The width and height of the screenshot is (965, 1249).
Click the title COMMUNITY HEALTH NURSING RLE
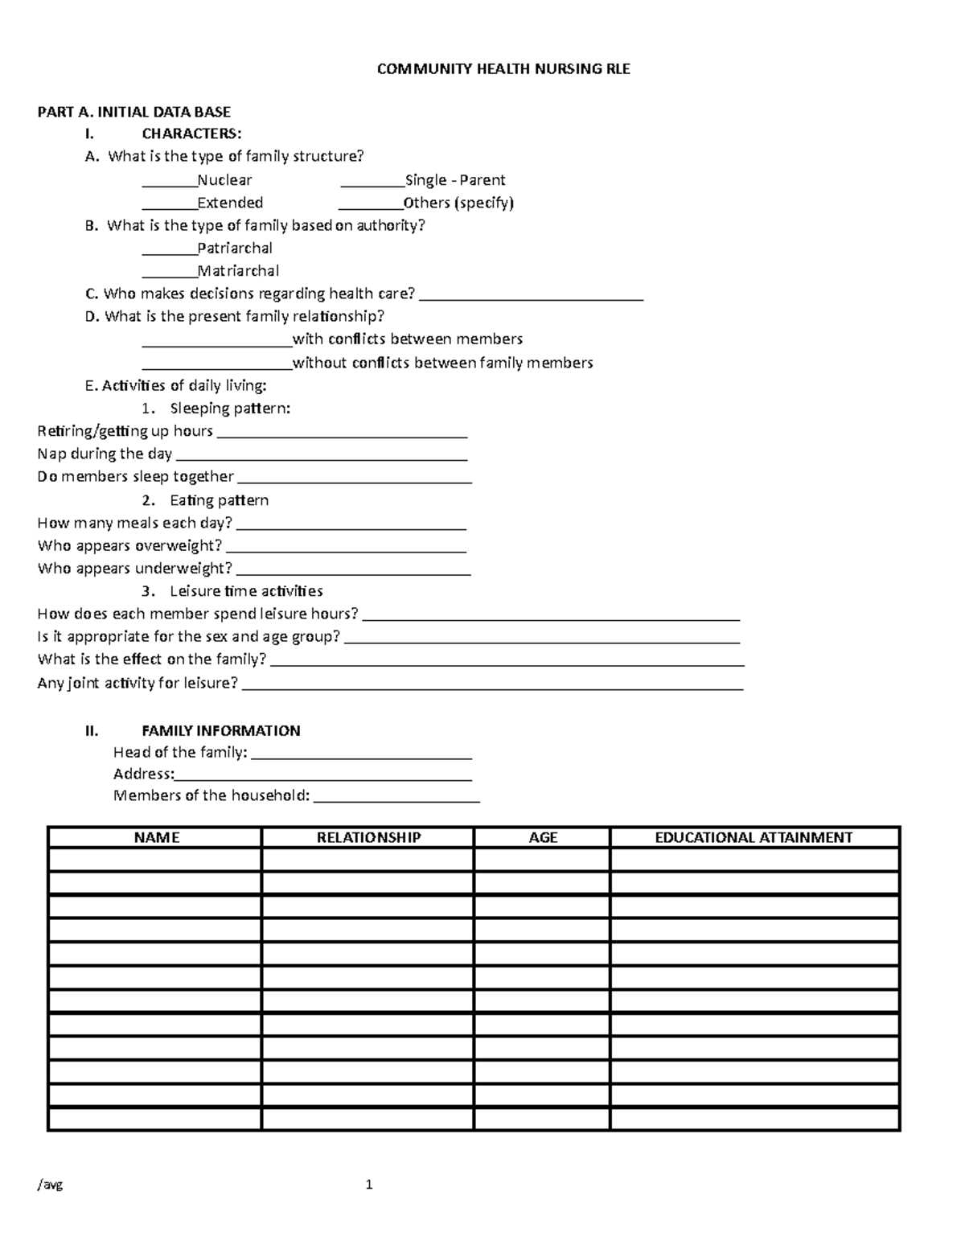[x=503, y=69]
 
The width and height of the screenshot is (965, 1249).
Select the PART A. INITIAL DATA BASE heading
[x=134, y=112]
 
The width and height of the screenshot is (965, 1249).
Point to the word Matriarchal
[x=238, y=271]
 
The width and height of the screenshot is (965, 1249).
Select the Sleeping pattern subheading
[x=229, y=409]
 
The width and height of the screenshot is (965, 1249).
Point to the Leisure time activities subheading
[x=246, y=591]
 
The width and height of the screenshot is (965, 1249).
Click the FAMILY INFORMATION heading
[x=221, y=730]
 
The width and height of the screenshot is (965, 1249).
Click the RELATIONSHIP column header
[x=368, y=837]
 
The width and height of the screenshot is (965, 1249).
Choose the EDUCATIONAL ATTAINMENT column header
[x=754, y=837]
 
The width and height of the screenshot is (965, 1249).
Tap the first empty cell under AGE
[x=542, y=860]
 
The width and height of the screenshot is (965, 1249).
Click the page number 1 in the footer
[x=369, y=1185]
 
